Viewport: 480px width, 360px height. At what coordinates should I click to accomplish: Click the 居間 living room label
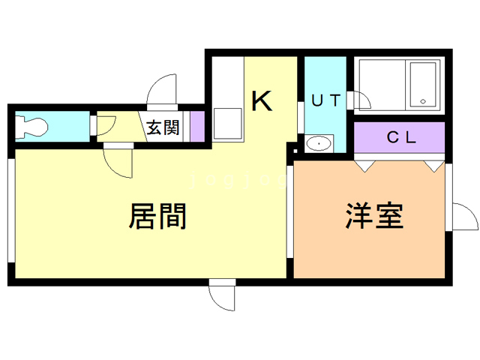click(x=157, y=217)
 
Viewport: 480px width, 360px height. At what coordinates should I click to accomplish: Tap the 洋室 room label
click(x=375, y=216)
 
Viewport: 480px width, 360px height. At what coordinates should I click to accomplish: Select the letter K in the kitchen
click(x=262, y=100)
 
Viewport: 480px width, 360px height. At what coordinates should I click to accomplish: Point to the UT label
click(x=325, y=100)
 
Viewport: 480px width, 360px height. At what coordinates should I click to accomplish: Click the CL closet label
click(x=401, y=137)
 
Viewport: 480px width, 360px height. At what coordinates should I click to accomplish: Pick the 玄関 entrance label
click(x=163, y=127)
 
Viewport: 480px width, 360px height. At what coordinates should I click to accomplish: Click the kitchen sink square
click(x=228, y=124)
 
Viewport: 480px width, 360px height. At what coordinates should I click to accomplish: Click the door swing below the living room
click(x=223, y=297)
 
